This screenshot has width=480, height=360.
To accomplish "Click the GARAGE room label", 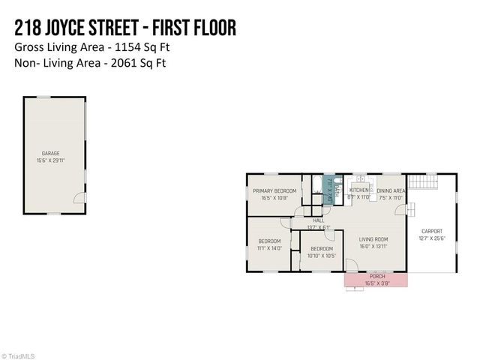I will pyautogui.click(x=50, y=153).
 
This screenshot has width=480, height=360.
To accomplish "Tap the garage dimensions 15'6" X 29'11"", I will pyautogui.click(x=50, y=160).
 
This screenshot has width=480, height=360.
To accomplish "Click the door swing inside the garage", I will pyautogui.click(x=78, y=197).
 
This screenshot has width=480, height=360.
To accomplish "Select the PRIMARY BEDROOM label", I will pyautogui.click(x=274, y=191).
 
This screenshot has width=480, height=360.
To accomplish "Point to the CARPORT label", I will pyautogui.click(x=431, y=231).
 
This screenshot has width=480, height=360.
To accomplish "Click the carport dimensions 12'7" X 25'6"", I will pyautogui.click(x=431, y=238).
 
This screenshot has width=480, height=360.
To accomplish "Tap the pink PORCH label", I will pyautogui.click(x=376, y=276).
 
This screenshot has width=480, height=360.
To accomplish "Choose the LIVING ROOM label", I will pyautogui.click(x=372, y=240).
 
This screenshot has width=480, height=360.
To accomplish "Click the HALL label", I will pyautogui.click(x=318, y=220).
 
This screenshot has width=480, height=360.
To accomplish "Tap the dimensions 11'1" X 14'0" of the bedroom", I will pyautogui.click(x=268, y=248).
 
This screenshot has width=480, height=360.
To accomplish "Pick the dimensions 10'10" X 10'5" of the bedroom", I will pyautogui.click(x=321, y=256).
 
